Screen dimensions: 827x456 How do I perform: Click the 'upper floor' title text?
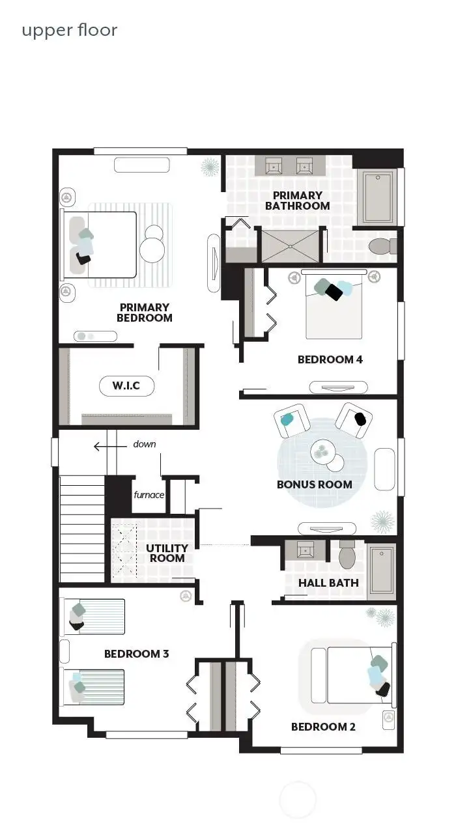[69, 30]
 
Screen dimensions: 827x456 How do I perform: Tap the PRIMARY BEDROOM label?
[144, 313]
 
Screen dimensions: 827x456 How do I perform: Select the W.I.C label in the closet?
[126, 385]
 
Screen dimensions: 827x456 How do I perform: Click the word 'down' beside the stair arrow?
[145, 444]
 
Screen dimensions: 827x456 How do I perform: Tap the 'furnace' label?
[149, 495]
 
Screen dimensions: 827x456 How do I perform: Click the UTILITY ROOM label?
[167, 553]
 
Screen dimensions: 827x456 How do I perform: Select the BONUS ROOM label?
[314, 484]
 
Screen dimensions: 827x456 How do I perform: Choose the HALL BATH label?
[328, 583]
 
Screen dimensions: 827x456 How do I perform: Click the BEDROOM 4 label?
[330, 359]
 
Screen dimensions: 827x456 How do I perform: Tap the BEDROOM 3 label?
[136, 654]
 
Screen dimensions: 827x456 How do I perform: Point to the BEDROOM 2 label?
[323, 727]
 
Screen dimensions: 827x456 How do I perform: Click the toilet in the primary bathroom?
[382, 246]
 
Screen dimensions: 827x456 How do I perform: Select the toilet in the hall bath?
[347, 555]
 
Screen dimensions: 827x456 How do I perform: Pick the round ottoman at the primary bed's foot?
[154, 245]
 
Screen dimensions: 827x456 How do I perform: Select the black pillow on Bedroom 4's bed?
[334, 292]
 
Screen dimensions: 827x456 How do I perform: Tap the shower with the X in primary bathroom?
[291, 245]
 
